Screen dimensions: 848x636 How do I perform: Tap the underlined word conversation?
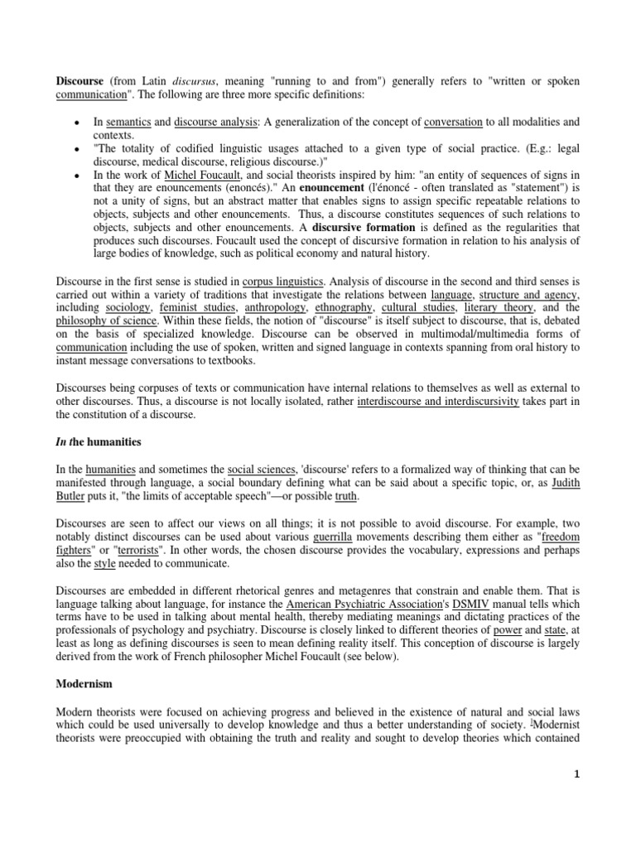pos(453,122)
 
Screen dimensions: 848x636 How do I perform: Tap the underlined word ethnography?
pos(343,307)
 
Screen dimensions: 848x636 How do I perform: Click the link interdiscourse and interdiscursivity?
pos(438,402)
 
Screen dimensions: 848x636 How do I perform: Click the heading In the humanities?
pos(98,441)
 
